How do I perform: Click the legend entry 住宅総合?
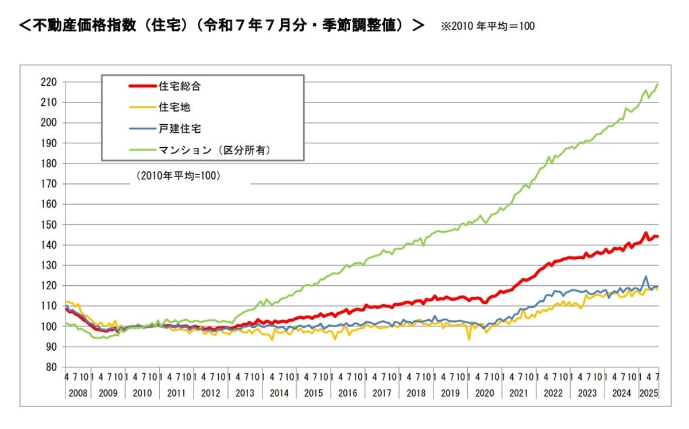[x=180, y=87]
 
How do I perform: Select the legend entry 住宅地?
[x=175, y=108]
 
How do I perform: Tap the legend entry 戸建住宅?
[x=180, y=128]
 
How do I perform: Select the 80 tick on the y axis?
[x=51, y=367]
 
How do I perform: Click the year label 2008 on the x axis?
[x=78, y=393]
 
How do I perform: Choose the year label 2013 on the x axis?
[x=245, y=393]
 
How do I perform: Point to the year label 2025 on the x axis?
[x=648, y=393]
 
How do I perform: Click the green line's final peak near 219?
[x=657, y=85]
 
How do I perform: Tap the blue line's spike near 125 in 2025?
[x=645, y=277]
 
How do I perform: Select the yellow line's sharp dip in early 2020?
[x=469, y=339]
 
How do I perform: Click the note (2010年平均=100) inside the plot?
[x=179, y=176]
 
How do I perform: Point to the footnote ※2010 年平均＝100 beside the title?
[x=487, y=26]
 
